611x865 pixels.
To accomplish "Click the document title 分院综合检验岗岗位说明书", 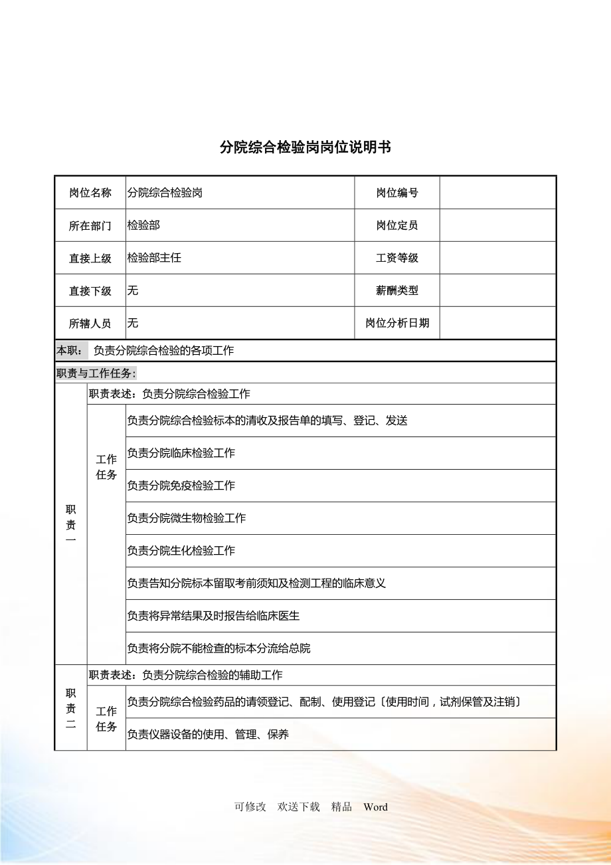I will click(x=305, y=147).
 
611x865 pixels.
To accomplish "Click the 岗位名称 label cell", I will click(x=90, y=193).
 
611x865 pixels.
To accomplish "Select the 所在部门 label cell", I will click(x=90, y=226).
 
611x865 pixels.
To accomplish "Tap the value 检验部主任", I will click(x=154, y=258).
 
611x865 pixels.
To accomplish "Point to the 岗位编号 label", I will click(x=397, y=193).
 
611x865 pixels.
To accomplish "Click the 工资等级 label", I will click(x=397, y=258).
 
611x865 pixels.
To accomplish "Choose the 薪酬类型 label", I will click(x=397, y=290).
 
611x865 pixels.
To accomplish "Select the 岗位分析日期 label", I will click(x=397, y=323).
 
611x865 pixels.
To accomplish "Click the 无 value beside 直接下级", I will click(x=133, y=290).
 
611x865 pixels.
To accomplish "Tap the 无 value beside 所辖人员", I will click(x=133, y=323).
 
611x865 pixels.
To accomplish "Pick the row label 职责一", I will click(x=71, y=525).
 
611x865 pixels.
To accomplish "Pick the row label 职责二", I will click(x=71, y=708).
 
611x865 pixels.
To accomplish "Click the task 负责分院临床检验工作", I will click(x=181, y=453).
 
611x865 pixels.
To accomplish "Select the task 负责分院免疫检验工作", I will click(x=181, y=486).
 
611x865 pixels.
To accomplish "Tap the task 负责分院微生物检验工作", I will click(x=187, y=518).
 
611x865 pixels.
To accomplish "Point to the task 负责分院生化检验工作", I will click(x=181, y=551).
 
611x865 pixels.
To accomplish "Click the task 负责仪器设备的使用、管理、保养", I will click(x=208, y=735).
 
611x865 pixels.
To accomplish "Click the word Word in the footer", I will click(x=375, y=807).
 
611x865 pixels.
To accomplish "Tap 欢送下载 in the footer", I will click(x=299, y=807).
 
